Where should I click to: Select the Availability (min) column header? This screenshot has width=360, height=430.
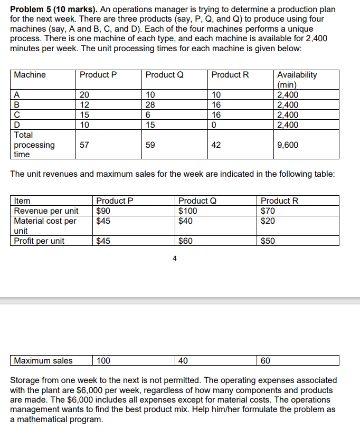(297, 79)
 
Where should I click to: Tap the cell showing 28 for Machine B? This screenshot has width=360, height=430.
(150, 105)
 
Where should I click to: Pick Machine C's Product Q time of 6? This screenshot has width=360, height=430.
(148, 115)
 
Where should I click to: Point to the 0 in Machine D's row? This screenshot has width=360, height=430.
(214, 125)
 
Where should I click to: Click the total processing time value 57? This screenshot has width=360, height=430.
(84, 145)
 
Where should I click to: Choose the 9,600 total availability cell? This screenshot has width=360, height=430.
(288, 145)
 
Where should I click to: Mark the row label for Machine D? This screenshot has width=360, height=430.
(17, 125)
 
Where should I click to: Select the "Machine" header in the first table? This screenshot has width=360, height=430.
(30, 75)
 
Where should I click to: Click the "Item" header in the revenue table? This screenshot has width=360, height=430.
(22, 200)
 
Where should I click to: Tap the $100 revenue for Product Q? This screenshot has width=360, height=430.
(187, 211)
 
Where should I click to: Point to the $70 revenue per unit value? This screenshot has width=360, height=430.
(268, 211)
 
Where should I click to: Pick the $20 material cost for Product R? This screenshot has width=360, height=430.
(268, 221)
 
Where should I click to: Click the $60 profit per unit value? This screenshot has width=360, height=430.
(185, 241)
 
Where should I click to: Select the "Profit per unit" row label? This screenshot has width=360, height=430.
(39, 241)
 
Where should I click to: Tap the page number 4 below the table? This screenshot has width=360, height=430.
(175, 259)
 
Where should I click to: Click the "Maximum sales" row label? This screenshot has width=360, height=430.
(43, 361)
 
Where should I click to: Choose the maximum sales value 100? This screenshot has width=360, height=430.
(103, 361)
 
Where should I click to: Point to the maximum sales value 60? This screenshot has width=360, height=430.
(266, 361)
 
